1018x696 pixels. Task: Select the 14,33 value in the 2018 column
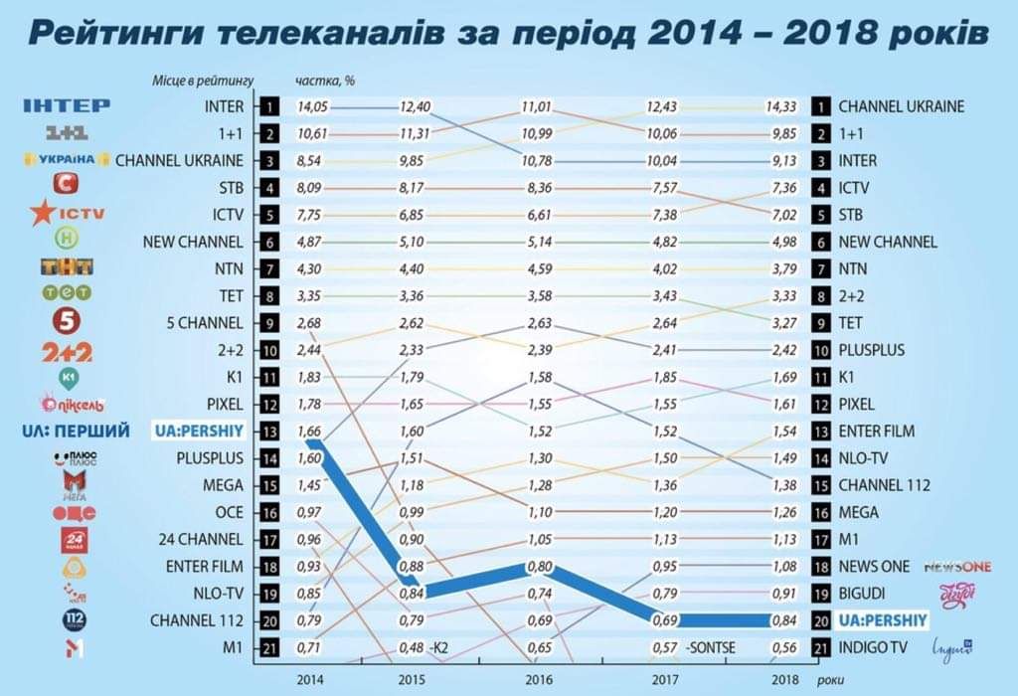coord(782,106)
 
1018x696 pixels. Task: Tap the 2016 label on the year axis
coord(537,680)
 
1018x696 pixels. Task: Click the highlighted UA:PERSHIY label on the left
coord(202,431)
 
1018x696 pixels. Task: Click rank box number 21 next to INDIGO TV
coord(821,647)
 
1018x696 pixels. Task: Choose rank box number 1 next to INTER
coord(269,106)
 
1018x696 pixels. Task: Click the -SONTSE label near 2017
coord(710,647)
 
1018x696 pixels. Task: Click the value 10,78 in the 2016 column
coord(537,161)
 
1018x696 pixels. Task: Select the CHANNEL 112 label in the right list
coord(884,485)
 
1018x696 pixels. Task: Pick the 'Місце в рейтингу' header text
coord(204,80)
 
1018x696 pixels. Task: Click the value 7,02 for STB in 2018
coord(782,215)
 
